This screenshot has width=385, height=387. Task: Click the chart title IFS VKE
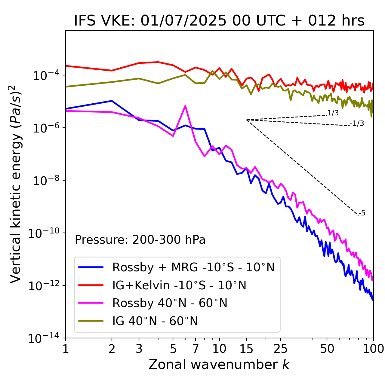click(219, 21)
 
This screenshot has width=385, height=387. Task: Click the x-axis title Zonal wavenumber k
click(219, 364)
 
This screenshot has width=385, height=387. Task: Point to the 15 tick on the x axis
click(246, 349)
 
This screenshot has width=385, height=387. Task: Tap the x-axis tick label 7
click(196, 349)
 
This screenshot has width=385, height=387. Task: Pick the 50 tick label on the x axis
click(327, 349)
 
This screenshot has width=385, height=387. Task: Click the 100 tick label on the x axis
click(373, 349)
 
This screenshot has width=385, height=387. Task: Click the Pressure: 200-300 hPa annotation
click(140, 240)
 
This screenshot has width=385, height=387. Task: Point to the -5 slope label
click(362, 213)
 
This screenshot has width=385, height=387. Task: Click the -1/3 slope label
click(357, 123)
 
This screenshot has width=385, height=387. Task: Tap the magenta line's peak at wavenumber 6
click(185, 106)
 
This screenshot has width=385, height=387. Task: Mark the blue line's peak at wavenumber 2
click(112, 101)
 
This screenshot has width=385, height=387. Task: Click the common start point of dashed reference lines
click(247, 120)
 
